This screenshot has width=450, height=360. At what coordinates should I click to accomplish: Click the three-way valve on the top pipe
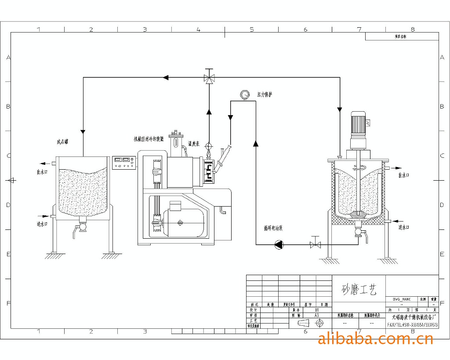[x=209, y=78]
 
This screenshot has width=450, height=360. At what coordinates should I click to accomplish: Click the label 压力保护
[x=265, y=94]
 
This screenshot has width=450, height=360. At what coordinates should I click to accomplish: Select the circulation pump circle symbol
[x=279, y=244]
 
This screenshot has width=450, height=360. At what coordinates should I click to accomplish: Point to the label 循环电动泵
[x=273, y=229]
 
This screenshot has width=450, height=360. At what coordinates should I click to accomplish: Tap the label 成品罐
[x=65, y=142]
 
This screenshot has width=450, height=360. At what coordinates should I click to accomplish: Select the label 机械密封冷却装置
[x=149, y=139]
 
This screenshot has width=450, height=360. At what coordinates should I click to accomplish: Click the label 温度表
[x=194, y=143]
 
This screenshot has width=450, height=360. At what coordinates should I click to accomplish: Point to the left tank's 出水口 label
[x=42, y=172]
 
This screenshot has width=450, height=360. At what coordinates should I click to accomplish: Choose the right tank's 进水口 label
[x=404, y=227]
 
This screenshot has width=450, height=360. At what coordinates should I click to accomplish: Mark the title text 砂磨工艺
[x=359, y=290]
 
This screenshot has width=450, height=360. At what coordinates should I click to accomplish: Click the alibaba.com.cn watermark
[x=375, y=338]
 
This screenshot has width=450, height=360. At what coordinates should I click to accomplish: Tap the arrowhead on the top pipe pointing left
[x=166, y=78]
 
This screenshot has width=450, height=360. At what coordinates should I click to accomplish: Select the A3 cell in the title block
[x=316, y=315]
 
